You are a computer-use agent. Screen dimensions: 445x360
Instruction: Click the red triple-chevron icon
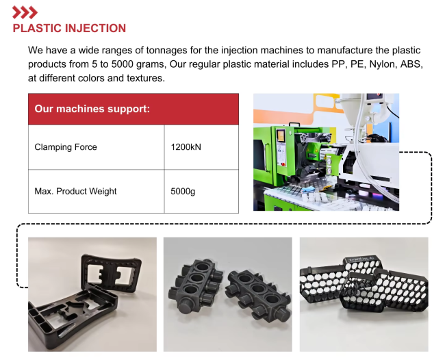point(25,12)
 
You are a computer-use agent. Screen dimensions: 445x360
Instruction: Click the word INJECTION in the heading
point(95,28)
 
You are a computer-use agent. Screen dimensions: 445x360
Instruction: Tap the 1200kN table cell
point(201,147)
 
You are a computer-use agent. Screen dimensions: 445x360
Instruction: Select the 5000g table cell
point(201,191)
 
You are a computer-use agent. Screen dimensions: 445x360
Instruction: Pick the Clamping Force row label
point(66,147)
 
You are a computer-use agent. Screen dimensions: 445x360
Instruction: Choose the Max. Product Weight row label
point(75,191)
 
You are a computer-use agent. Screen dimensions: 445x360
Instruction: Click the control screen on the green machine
point(281,136)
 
